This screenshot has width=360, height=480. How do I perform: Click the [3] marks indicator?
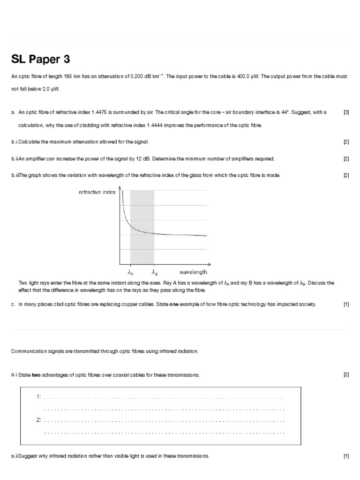click(x=346, y=112)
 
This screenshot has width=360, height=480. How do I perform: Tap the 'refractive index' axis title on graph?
click(x=97, y=192)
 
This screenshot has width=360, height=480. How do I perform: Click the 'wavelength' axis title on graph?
click(x=193, y=272)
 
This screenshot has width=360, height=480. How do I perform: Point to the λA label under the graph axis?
click(x=130, y=272)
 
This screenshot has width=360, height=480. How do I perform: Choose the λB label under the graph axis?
click(x=154, y=272)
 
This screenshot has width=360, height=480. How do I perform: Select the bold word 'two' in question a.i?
click(x=37, y=375)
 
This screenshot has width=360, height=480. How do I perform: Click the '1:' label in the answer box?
click(x=39, y=397)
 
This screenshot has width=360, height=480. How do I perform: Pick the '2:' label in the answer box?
click(x=39, y=419)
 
